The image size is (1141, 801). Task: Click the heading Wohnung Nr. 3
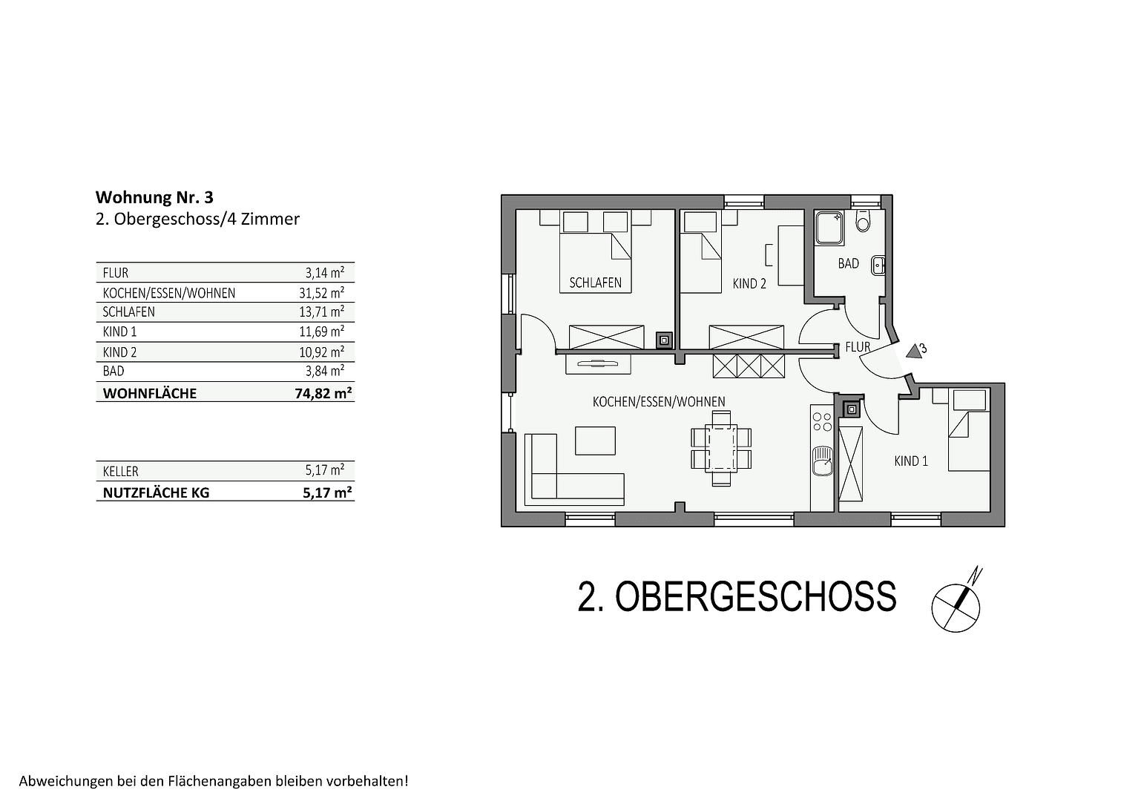point(154,197)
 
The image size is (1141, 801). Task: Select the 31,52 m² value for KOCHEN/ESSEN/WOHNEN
point(321,293)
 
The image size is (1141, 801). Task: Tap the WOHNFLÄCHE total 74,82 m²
point(323,393)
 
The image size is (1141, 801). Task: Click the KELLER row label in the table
point(121,471)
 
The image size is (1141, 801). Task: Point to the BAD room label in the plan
point(848,263)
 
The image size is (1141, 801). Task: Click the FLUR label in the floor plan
point(858,346)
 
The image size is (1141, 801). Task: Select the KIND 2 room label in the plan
point(749,283)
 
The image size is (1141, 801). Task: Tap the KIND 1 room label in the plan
point(911,461)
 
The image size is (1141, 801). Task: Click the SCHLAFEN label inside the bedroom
point(595,283)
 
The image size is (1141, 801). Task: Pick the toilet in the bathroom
point(862,221)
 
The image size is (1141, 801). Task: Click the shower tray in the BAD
point(829,228)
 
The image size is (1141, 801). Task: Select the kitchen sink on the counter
point(822,461)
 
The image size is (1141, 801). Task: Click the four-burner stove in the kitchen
point(822,422)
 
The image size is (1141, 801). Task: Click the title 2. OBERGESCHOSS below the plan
point(737,596)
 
